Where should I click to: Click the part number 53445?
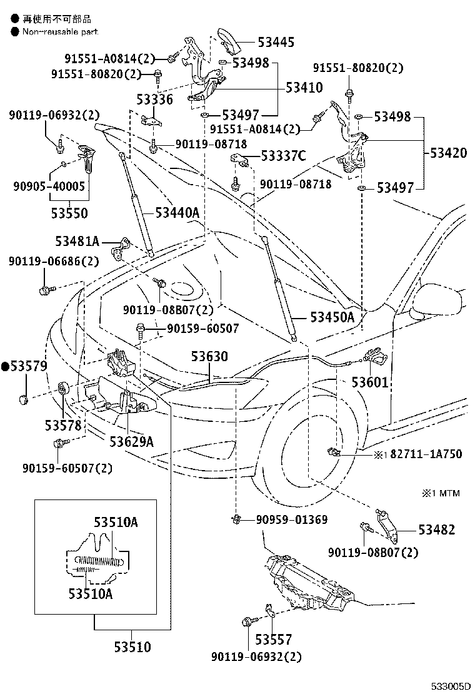coord(277,43)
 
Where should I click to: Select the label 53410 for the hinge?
coord(304,88)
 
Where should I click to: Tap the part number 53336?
coord(156,100)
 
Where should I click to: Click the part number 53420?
coord(447,153)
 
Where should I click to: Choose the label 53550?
coord(69,213)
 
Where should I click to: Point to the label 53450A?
coord(331,317)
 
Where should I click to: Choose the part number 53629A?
coord(131,442)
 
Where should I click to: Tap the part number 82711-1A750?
coord(426,454)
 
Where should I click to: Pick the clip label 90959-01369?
coord(291,519)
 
